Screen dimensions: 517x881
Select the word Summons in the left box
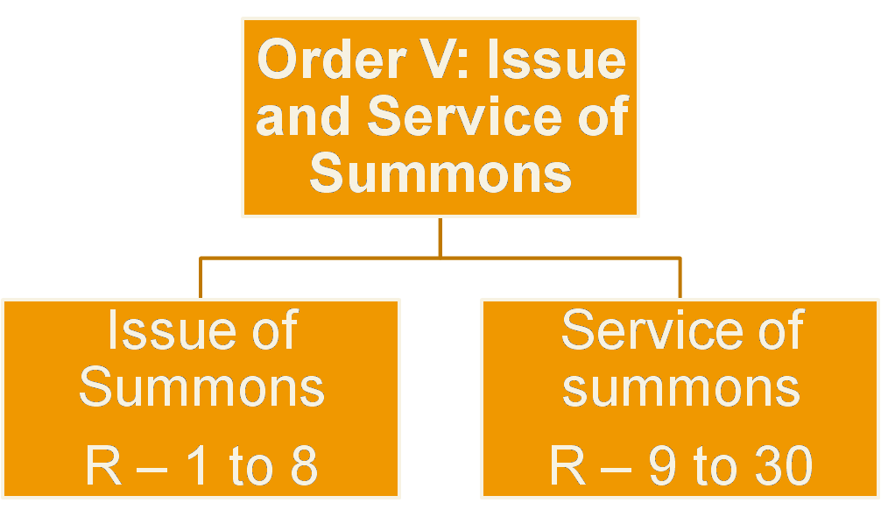pyautogui.click(x=201, y=387)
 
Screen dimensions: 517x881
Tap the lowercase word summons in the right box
pyautogui.click(x=680, y=387)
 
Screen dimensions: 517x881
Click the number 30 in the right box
pyautogui.click(x=783, y=468)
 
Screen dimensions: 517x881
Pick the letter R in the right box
pyautogui.click(x=567, y=468)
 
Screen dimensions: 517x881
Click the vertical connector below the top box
pyautogui.click(x=440, y=237)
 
